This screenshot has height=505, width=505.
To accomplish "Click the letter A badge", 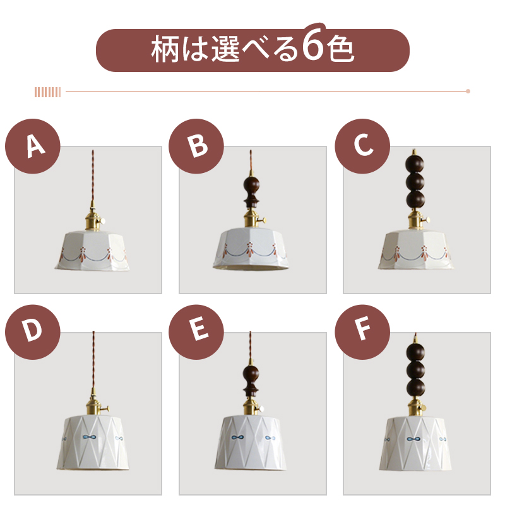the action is click(x=33, y=146).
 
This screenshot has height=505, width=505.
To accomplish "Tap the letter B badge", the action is click(x=196, y=146).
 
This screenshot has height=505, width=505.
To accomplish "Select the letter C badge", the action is click(x=362, y=146).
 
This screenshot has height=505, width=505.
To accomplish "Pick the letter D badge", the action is click(x=33, y=332).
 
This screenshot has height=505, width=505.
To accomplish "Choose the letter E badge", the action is click(x=196, y=332).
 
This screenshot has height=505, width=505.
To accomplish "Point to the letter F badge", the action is click(x=362, y=332).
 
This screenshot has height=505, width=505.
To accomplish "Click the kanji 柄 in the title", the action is click(x=165, y=49).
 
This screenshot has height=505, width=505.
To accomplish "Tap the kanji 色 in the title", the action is click(x=340, y=49).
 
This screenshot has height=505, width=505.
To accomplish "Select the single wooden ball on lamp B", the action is click(x=251, y=184).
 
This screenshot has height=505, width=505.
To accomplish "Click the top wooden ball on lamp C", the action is click(x=415, y=164).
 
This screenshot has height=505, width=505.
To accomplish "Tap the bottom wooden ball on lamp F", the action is click(x=415, y=388).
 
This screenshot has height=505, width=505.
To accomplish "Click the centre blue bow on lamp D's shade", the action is click(x=89, y=437).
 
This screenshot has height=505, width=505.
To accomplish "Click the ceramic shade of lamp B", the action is click(x=251, y=248).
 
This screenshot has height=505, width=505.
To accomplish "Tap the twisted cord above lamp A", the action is click(x=93, y=175).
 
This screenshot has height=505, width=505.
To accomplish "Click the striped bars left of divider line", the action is click(x=48, y=92).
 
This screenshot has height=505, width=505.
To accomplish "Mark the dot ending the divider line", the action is click(x=468, y=91).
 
